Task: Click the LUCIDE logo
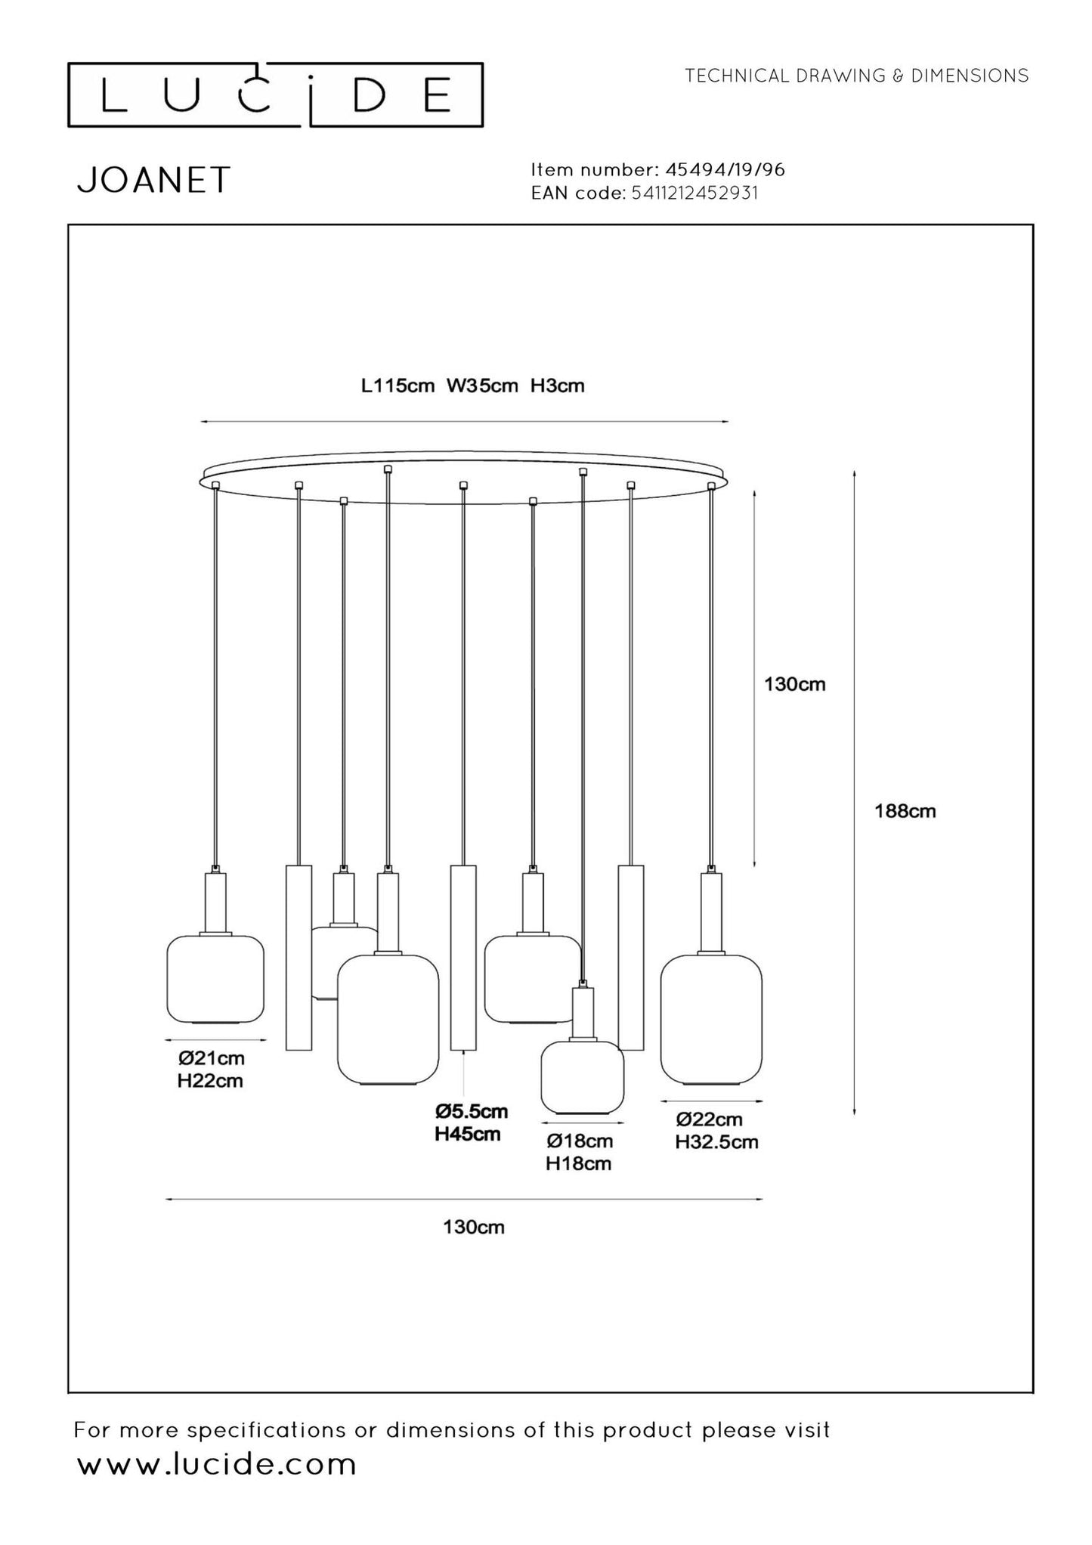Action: pos(276,95)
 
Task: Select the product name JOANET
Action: pos(153,181)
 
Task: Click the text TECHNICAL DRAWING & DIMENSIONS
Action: pos(856,76)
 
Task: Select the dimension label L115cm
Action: pos(398,386)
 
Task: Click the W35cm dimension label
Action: pos(482,386)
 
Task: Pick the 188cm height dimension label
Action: pos(905,811)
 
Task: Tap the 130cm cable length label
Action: pos(794,684)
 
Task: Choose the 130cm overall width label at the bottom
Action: pos(473,1227)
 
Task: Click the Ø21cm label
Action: pos(211,1058)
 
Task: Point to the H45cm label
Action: pos(467,1134)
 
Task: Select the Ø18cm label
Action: pos(580,1141)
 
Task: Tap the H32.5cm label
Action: pos(716,1141)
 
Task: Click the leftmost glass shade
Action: pos(215,979)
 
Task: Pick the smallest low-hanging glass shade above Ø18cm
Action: pos(582,1077)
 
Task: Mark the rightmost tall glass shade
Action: pos(711,1018)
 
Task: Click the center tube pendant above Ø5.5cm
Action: pos(463,958)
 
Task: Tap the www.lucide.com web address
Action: pos(217,1464)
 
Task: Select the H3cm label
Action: pos(558,386)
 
